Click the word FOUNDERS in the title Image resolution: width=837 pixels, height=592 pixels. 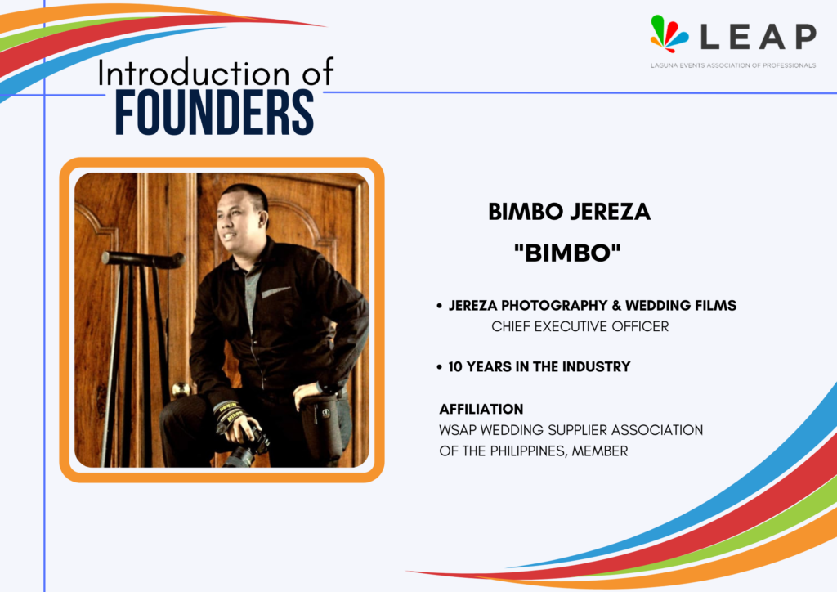(214, 113)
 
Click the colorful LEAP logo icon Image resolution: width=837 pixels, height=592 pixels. (669, 34)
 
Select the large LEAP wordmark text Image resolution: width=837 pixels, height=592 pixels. (758, 36)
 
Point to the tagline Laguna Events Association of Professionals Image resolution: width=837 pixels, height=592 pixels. (733, 65)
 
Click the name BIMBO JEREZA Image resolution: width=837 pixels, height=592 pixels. (569, 212)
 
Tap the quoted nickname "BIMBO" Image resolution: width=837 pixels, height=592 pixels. (567, 253)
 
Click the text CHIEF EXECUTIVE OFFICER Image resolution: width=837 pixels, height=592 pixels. (580, 326)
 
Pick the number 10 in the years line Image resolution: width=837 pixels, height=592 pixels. (454, 367)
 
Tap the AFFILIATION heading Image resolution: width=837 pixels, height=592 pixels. (481, 409)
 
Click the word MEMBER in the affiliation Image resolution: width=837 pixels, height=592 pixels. (600, 451)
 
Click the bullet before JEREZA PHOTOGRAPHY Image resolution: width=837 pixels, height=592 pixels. (439, 306)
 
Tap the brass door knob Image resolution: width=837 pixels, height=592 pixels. (181, 389)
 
